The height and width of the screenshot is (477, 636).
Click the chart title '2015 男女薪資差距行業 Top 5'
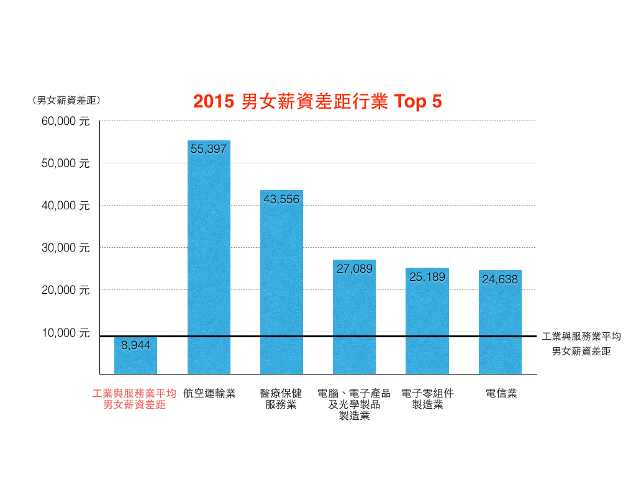pos(317,102)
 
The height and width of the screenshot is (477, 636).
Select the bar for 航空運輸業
pos(209,261)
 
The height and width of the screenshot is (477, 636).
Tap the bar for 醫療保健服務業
pos(281,286)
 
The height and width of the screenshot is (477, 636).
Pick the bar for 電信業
pos(500,323)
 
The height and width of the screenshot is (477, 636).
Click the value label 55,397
pos(209,149)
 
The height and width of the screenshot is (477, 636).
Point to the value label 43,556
pos(281,199)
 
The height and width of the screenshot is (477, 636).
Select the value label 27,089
pos(354,269)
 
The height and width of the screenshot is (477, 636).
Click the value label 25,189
pos(427,277)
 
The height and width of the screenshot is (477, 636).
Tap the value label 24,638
pos(500,279)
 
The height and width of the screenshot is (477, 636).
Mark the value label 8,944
pos(135,345)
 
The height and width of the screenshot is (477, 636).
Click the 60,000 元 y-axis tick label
pos(66,121)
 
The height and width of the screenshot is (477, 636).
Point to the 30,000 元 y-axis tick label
pos(66,248)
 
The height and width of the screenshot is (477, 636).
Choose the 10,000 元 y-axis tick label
pos(66,333)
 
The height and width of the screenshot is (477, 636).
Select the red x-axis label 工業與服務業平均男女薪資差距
pos(134,399)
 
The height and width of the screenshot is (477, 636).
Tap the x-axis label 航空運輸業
pos(209,393)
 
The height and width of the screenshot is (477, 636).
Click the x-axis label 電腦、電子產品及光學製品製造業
pos(354,404)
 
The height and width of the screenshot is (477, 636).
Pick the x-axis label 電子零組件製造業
pos(427,399)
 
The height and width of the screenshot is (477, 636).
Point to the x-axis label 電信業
pos(501,393)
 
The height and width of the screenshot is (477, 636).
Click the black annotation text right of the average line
pos(581,344)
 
